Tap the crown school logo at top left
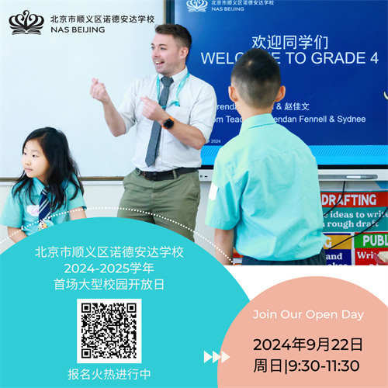point(26,21)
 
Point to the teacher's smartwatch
point(168,123)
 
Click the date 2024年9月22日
point(307,344)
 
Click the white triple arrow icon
point(216,357)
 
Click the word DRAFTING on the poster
point(348,199)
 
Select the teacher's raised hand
point(100,91)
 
